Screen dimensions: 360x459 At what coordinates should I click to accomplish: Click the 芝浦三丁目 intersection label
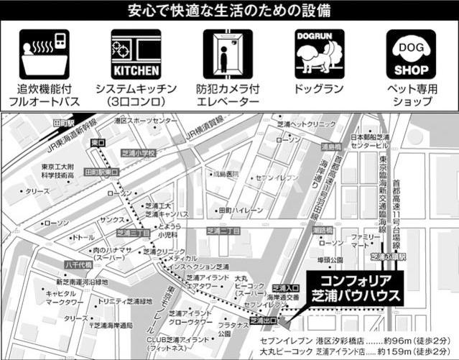point(133,233)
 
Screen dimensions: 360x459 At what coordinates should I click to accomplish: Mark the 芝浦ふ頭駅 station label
point(389,256)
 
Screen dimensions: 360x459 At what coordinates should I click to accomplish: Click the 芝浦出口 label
point(263,323)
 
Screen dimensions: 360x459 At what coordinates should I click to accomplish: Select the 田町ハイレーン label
point(241,211)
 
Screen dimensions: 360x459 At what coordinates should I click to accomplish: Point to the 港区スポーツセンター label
point(144,121)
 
